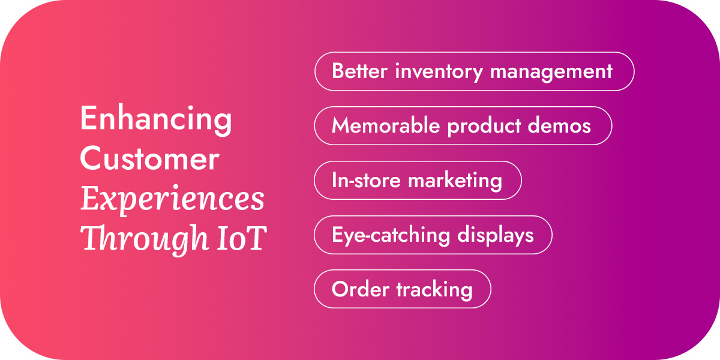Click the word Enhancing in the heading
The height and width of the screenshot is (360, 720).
point(156,119)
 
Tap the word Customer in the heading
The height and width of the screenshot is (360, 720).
point(149,159)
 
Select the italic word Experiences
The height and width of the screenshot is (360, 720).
point(172,199)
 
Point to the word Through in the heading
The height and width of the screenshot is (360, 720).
point(137,239)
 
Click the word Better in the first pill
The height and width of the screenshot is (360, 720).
point(360,71)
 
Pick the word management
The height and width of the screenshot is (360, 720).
point(551,72)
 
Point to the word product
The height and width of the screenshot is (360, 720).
point(487,127)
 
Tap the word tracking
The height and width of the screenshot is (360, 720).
point(434,290)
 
